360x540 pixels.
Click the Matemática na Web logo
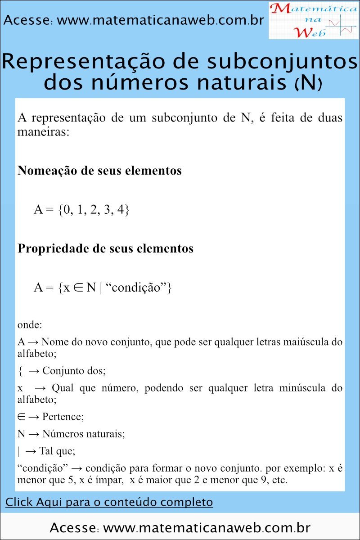pos(314,20)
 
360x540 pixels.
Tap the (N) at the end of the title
pos(308,83)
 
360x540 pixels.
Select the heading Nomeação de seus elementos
pos(99,171)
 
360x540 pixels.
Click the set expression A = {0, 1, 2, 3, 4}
pos(81,210)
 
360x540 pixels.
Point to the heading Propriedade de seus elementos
pos(105,248)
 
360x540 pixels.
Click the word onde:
pos(29,324)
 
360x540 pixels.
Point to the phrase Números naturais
pos(83,434)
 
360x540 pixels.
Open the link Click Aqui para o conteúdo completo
pos(109,502)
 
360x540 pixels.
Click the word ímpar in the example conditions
pos(107,480)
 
